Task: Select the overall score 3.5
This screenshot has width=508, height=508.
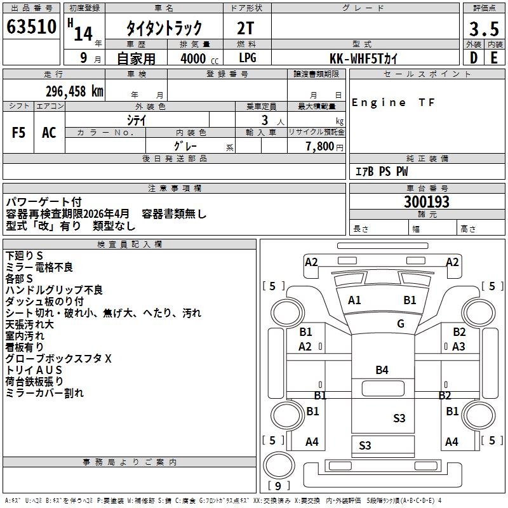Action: [x=483, y=29]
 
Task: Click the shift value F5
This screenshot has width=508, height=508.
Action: [x=19, y=133]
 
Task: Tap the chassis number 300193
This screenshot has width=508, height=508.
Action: [x=427, y=202]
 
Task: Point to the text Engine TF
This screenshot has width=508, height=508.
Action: [x=394, y=103]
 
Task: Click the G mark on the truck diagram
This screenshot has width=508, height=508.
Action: [x=401, y=324]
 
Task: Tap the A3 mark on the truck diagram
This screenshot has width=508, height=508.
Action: [x=458, y=347]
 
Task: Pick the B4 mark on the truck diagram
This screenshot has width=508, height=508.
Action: [x=382, y=370]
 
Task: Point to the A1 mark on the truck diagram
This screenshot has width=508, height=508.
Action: [x=354, y=300]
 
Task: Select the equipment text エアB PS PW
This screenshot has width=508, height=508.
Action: [x=381, y=171]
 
